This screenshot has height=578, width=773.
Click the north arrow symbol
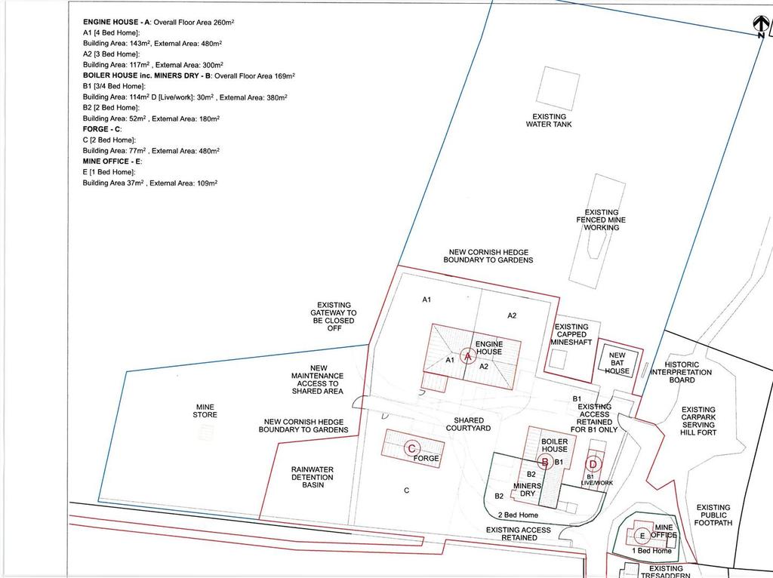pyautogui.click(x=761, y=26)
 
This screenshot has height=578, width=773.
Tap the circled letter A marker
pyautogui.click(x=468, y=355)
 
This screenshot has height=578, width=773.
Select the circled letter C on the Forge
pyautogui.click(x=411, y=448)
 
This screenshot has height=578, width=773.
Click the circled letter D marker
pyautogui.click(x=593, y=463)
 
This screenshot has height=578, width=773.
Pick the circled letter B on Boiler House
pyautogui.click(x=545, y=463)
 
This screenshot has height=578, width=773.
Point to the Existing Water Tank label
pyautogui.click(x=549, y=121)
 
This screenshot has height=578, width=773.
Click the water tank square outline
pyautogui.click(x=558, y=89)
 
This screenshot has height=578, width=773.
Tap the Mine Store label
pyautogui.click(x=205, y=411)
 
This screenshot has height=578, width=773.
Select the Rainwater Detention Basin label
pyautogui.click(x=312, y=477)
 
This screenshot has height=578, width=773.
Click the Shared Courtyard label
pyautogui.click(x=468, y=424)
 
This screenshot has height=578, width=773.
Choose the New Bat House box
pyautogui.click(x=617, y=362)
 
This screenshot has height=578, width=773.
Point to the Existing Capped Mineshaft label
pyautogui.click(x=571, y=334)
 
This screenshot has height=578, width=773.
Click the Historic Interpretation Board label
pyautogui.click(x=682, y=372)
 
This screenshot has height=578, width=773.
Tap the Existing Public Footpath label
pyautogui.click(x=713, y=515)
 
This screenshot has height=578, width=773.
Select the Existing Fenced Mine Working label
pyautogui.click(x=601, y=220)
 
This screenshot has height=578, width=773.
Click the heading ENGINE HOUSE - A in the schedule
pyautogui.click(x=116, y=22)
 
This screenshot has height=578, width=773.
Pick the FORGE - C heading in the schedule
pyautogui.click(x=102, y=129)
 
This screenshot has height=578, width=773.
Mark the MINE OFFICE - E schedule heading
pyautogui.click(x=112, y=161)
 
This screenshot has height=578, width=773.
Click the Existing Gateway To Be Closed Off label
pyautogui.click(x=334, y=316)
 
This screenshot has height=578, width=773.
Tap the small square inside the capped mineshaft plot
pyautogui.click(x=558, y=359)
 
